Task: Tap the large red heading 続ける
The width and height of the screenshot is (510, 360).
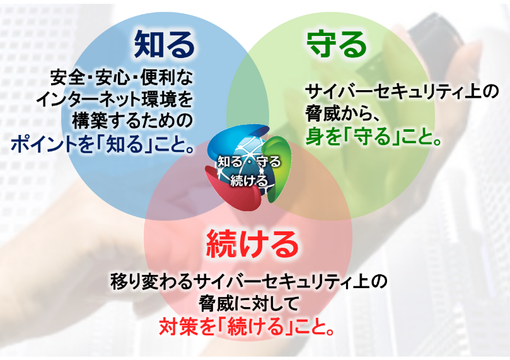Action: pyautogui.click(x=251, y=243)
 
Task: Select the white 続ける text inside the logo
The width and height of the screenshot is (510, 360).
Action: pyautogui.click(x=248, y=181)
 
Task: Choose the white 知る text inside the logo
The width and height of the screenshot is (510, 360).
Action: pyautogui.click(x=229, y=161)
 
